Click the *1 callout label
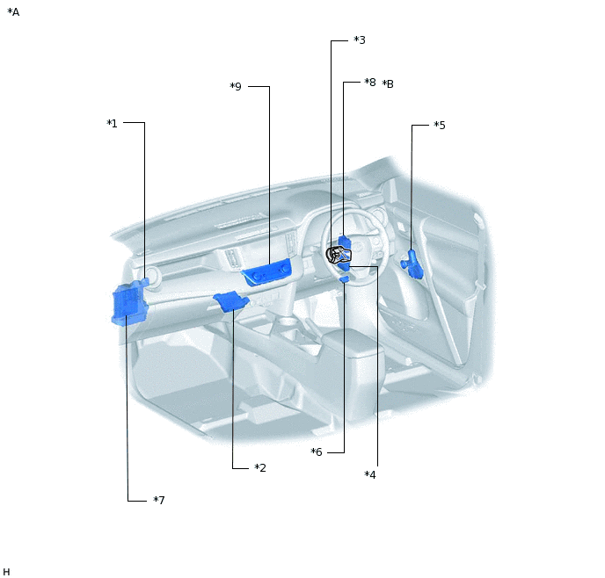tap(112, 123)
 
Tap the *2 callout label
tap(260, 468)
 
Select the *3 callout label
tap(360, 40)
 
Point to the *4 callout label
tap(370, 474)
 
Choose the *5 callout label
tap(440, 126)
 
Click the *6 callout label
tap(317, 452)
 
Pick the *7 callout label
tap(159, 500)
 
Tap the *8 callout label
tap(370, 82)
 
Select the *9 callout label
tap(236, 86)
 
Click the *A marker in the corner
tap(13, 12)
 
